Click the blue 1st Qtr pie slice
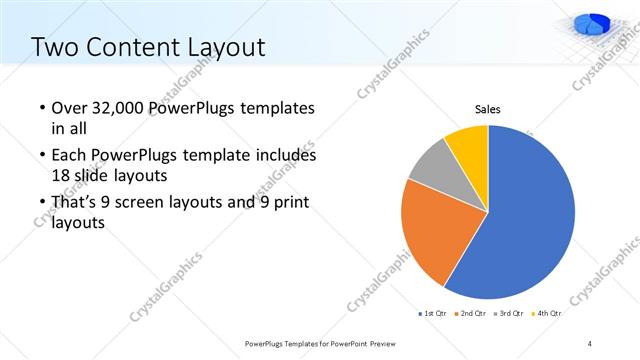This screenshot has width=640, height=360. tap(530, 215)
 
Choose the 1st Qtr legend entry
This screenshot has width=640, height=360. tap(432, 313)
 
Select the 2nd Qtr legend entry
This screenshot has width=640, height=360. tap(470, 313)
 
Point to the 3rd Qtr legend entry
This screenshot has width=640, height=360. tap(509, 313)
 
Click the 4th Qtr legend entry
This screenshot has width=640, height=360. tap(547, 313)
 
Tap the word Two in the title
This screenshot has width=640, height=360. tap(54, 46)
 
